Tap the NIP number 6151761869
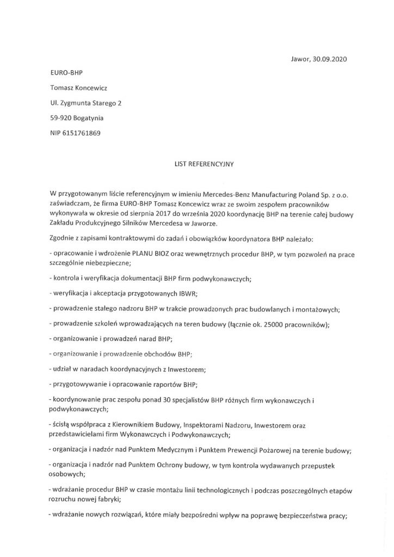tap(82, 132)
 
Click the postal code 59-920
tap(59, 117)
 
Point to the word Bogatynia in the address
tap(88, 117)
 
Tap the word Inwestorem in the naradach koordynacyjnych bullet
tap(187, 369)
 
